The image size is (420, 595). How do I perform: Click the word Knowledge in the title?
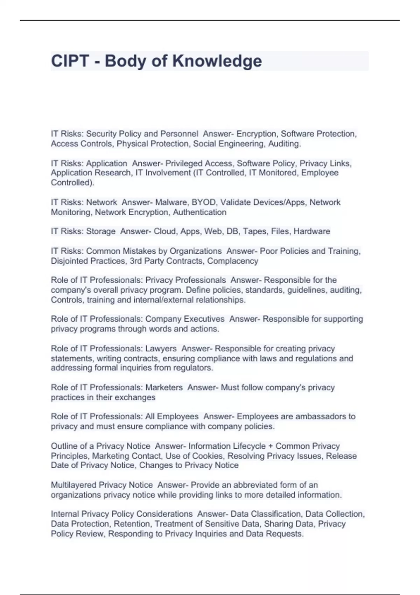click(x=217, y=61)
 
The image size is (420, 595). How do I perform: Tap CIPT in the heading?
click(x=70, y=61)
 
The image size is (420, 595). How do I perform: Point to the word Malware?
click(x=171, y=202)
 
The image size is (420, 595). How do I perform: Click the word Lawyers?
click(x=161, y=349)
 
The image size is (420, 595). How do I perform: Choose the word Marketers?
click(x=164, y=387)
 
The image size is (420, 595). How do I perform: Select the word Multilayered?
click(x=73, y=485)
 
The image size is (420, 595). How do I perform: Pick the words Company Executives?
click(x=185, y=319)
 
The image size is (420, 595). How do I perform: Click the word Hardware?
click(x=312, y=231)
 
